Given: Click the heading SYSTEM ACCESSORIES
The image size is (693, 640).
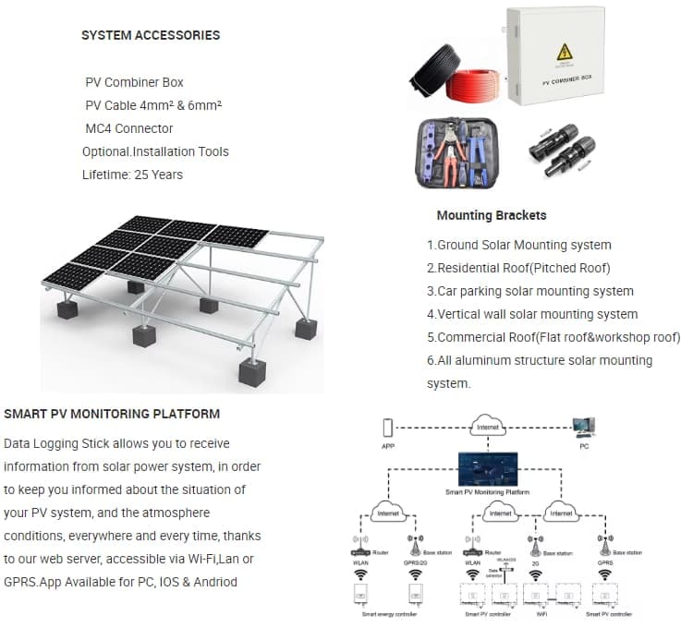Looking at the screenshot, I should [151, 35].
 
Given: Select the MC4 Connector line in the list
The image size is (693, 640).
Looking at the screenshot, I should [128, 128].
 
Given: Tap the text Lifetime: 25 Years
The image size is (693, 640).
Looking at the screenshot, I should [132, 175].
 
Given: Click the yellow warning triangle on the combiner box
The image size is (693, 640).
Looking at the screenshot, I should [561, 52].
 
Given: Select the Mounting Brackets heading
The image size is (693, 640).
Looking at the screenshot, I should [491, 215].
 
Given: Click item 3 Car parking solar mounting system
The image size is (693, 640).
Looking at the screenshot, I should [529, 291].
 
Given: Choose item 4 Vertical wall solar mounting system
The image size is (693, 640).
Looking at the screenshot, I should [531, 314].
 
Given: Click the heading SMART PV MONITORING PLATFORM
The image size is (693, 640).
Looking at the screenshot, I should [112, 413].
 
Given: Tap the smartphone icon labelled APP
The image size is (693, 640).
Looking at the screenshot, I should [388, 427].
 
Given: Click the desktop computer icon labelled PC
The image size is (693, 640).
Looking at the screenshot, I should [583, 427].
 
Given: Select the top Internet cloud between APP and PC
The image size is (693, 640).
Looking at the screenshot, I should [487, 427].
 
